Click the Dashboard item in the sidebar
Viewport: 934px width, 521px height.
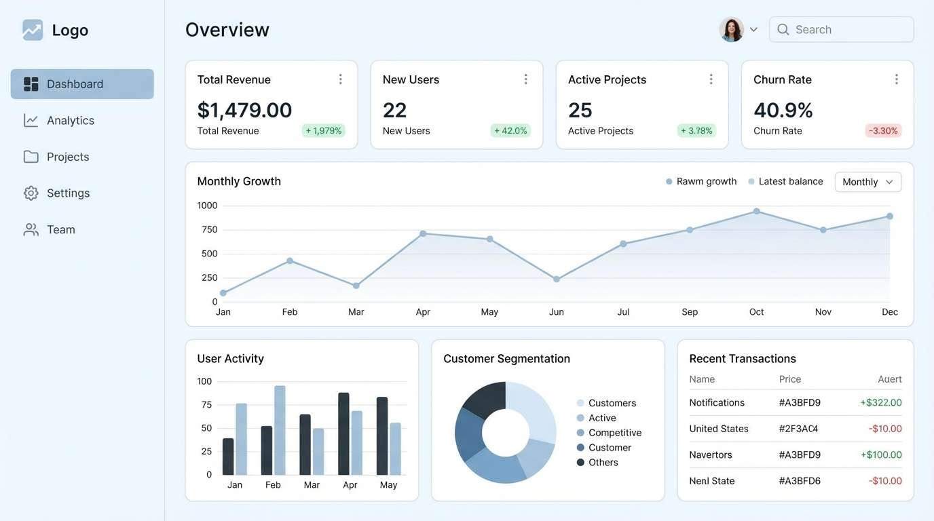[x=81, y=84]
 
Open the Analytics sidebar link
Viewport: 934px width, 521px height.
[x=70, y=121]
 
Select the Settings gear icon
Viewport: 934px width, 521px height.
[x=31, y=193]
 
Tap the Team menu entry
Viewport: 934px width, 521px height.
[x=60, y=230]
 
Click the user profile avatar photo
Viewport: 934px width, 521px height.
[x=731, y=30]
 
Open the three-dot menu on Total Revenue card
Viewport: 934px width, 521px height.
[x=340, y=79]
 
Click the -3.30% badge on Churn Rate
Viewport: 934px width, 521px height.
[x=883, y=131]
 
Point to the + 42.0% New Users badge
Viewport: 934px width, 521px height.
[x=510, y=131]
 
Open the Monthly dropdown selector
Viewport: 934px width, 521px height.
[x=867, y=182]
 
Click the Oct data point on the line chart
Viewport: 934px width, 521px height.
[x=756, y=212]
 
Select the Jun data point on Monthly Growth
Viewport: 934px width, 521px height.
[x=556, y=279]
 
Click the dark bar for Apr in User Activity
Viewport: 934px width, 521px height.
[x=343, y=433]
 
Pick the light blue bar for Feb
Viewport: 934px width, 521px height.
[x=280, y=430]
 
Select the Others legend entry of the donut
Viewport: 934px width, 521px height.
[x=603, y=463]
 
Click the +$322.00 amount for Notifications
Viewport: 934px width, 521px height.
[x=880, y=403]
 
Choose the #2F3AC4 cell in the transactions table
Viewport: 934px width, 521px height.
[x=798, y=429]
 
